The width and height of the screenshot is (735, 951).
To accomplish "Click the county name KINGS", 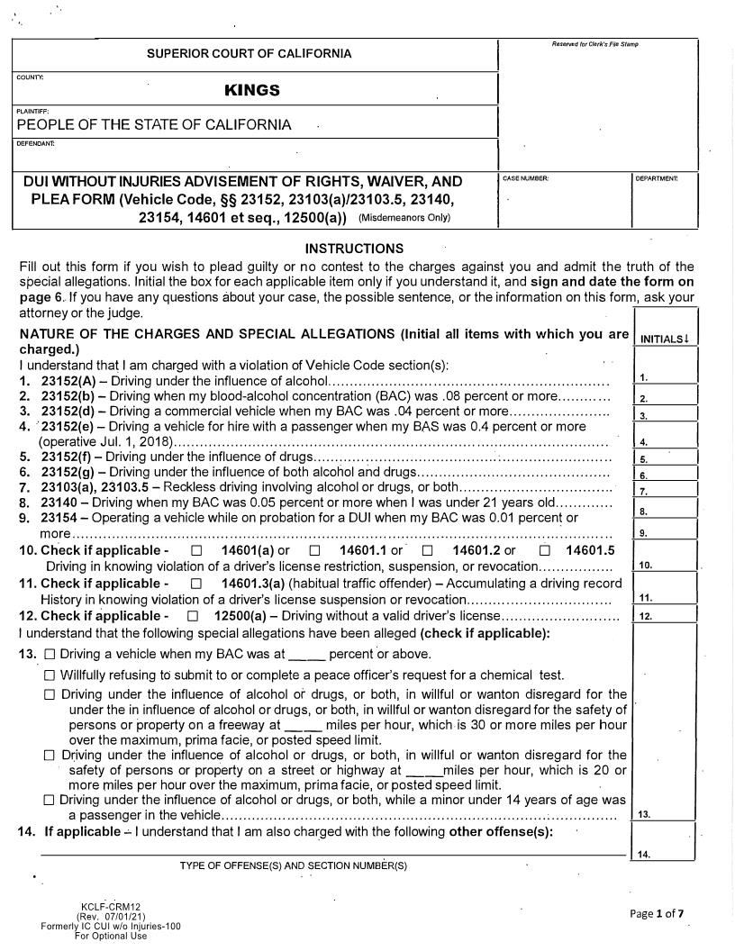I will [252, 90].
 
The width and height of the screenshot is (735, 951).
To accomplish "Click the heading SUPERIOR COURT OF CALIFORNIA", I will [250, 54].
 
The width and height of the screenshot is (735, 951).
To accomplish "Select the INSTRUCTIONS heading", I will [354, 249].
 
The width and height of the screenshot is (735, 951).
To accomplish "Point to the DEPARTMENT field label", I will [656, 178].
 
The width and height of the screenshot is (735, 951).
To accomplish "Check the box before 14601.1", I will [314, 551].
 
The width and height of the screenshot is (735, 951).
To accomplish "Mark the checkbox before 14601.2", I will [428, 551].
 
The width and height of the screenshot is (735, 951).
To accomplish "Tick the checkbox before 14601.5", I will [545, 551].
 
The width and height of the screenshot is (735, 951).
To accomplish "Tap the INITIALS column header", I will [666, 339].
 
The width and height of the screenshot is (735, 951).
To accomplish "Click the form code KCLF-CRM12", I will [110, 907].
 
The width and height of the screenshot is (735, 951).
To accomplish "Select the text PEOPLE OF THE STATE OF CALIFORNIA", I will [154, 124].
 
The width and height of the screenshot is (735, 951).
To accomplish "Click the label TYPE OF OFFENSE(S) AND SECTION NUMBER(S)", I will [294, 865].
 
